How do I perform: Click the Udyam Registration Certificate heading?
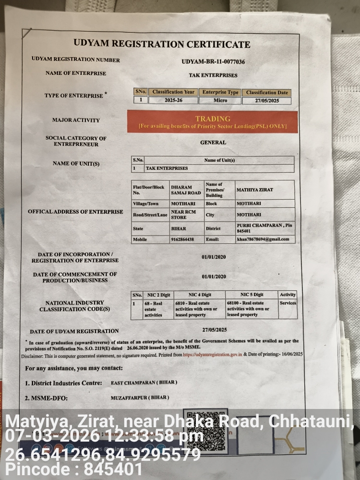click(x=162, y=44)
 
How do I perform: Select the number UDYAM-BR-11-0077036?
click(x=213, y=62)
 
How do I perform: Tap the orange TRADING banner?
click(x=212, y=121)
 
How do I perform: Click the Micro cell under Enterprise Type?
click(x=220, y=101)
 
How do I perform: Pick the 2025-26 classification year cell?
click(x=173, y=101)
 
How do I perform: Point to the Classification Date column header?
click(x=266, y=92)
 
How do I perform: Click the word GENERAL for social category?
click(x=213, y=143)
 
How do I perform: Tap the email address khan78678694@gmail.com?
click(x=263, y=239)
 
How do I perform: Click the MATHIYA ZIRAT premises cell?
click(x=255, y=190)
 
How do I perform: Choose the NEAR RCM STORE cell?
click(x=184, y=215)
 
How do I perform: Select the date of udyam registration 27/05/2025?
click(x=214, y=330)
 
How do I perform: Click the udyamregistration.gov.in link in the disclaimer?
click(x=213, y=354)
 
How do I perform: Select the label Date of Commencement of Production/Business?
click(x=75, y=277)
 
